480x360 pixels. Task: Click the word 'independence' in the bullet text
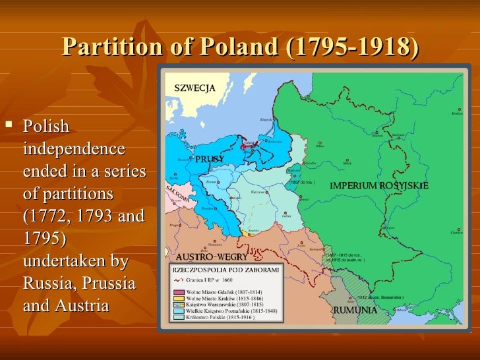[x=73, y=148]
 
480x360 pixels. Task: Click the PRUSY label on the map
[x=209, y=159]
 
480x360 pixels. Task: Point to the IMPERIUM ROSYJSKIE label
[x=378, y=186]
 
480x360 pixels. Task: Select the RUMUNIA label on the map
[x=355, y=310]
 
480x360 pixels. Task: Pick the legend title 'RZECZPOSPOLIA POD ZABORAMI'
[x=226, y=270]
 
